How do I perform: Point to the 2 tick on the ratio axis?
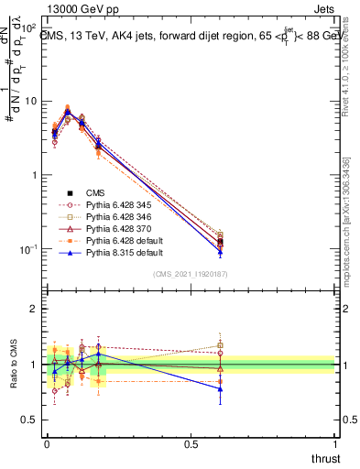(x=34, y=309)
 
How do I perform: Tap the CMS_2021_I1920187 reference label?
(x=190, y=274)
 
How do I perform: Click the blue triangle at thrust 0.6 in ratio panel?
(x=220, y=388)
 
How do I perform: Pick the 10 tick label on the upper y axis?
(x=32, y=101)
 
